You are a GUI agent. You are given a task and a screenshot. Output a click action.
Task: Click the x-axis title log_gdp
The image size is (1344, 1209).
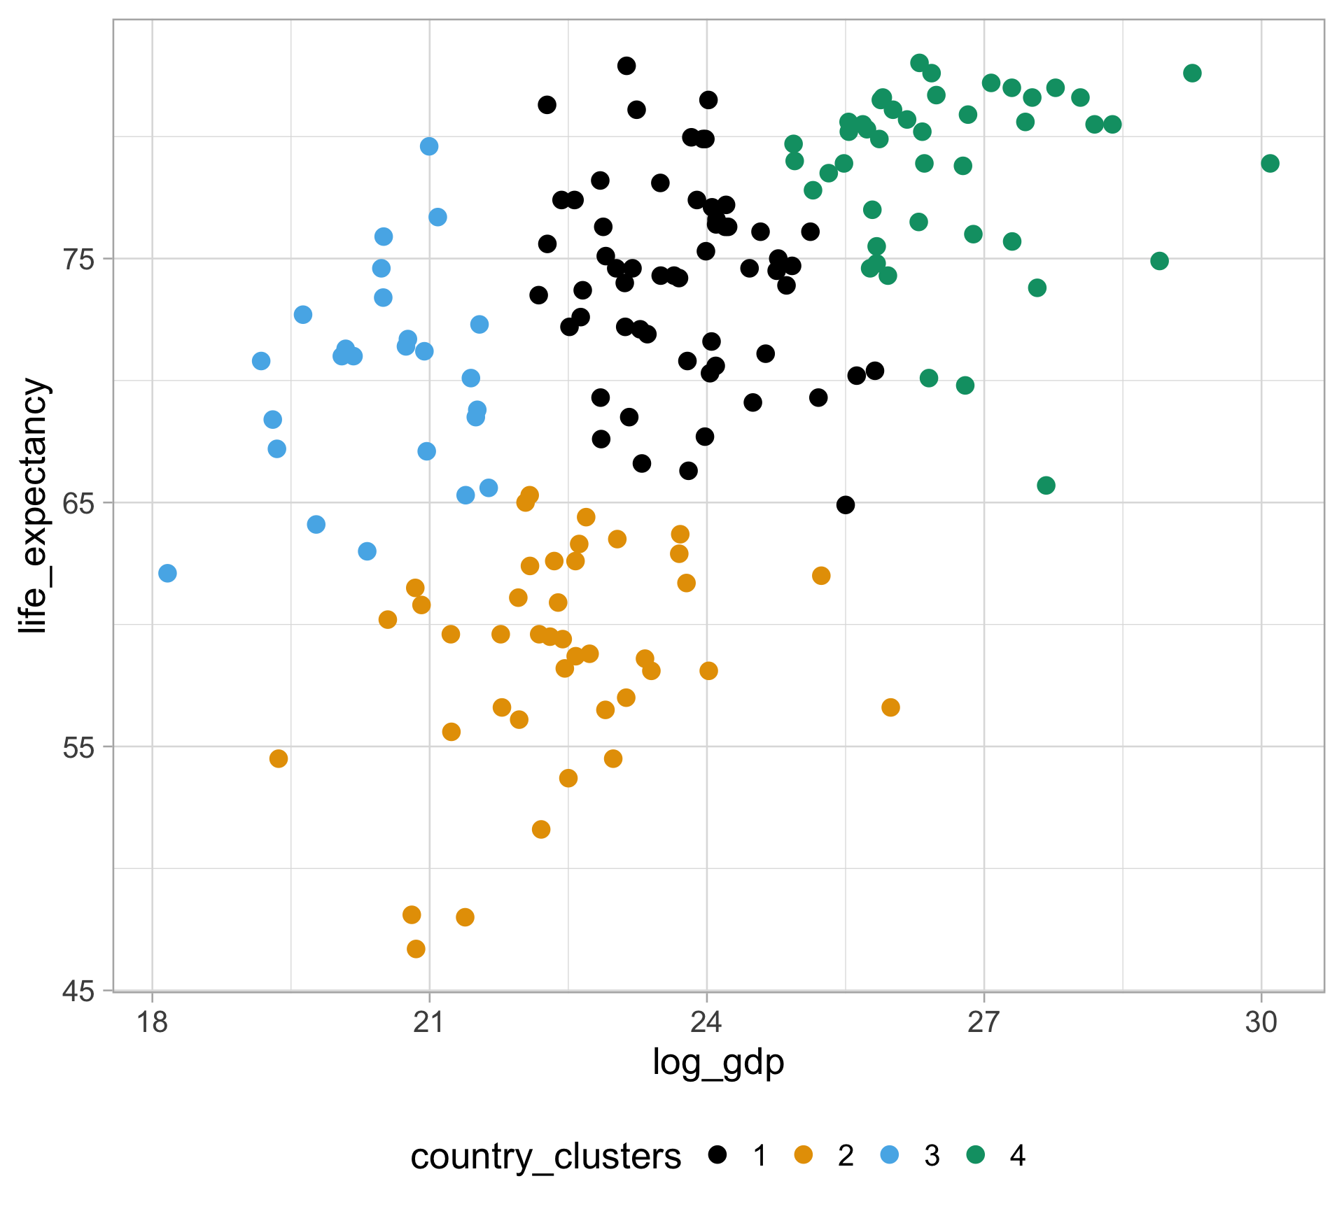718,1063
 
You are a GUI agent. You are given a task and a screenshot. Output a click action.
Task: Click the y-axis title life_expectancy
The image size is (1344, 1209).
33,505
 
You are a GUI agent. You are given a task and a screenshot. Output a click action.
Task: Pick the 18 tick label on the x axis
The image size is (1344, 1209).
152,1023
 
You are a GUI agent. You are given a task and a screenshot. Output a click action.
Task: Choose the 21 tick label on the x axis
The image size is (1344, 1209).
429,1023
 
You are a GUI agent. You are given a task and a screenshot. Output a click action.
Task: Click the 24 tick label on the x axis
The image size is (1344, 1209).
707,1023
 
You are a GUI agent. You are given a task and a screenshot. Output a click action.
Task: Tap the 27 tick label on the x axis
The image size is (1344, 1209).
984,1023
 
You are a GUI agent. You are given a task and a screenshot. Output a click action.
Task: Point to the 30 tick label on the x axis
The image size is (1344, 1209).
1261,1023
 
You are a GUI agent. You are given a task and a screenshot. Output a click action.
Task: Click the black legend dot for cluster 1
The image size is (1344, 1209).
717,1155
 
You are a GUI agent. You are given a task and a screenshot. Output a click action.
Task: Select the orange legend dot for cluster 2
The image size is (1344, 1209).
804,1155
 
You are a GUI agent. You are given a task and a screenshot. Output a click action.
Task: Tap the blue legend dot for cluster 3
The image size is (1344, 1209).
889,1155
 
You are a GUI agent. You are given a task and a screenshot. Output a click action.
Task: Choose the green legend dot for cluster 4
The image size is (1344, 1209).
975,1155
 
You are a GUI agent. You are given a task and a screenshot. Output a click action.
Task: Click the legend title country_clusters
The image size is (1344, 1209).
545,1157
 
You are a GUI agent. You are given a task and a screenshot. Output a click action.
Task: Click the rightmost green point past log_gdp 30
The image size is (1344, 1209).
1270,164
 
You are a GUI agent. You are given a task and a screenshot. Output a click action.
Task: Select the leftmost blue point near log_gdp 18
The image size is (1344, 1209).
167,574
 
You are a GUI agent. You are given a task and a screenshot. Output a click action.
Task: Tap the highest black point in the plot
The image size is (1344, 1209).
626,66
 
